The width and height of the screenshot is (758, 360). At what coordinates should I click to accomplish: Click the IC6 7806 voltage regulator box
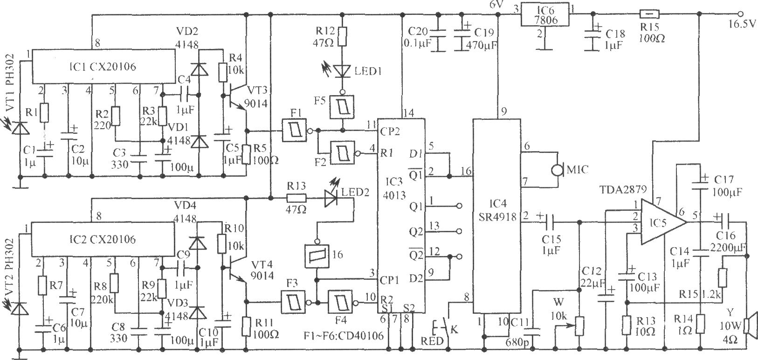(x=545, y=14)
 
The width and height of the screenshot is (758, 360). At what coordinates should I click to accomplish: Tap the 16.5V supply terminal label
(x=741, y=24)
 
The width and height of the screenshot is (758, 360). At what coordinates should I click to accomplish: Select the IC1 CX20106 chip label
(x=103, y=67)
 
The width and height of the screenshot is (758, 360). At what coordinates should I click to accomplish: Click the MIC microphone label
(x=577, y=169)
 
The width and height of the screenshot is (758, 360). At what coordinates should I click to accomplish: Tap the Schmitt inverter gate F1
(x=294, y=130)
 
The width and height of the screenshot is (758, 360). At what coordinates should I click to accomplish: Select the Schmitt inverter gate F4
(x=340, y=302)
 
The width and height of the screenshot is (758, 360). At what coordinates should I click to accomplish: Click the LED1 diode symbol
(x=342, y=70)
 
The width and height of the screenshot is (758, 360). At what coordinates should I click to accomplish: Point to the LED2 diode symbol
(x=330, y=198)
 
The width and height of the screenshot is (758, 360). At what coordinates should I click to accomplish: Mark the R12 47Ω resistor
(x=342, y=36)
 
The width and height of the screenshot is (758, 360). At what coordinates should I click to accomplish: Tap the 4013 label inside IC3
(x=394, y=195)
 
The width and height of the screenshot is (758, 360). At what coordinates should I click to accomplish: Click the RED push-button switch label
(x=432, y=341)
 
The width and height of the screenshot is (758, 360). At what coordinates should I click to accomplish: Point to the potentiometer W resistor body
(x=579, y=326)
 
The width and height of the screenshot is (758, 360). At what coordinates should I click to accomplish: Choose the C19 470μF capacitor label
(x=481, y=38)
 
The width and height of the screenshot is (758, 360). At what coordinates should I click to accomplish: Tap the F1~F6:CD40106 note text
(x=344, y=335)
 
